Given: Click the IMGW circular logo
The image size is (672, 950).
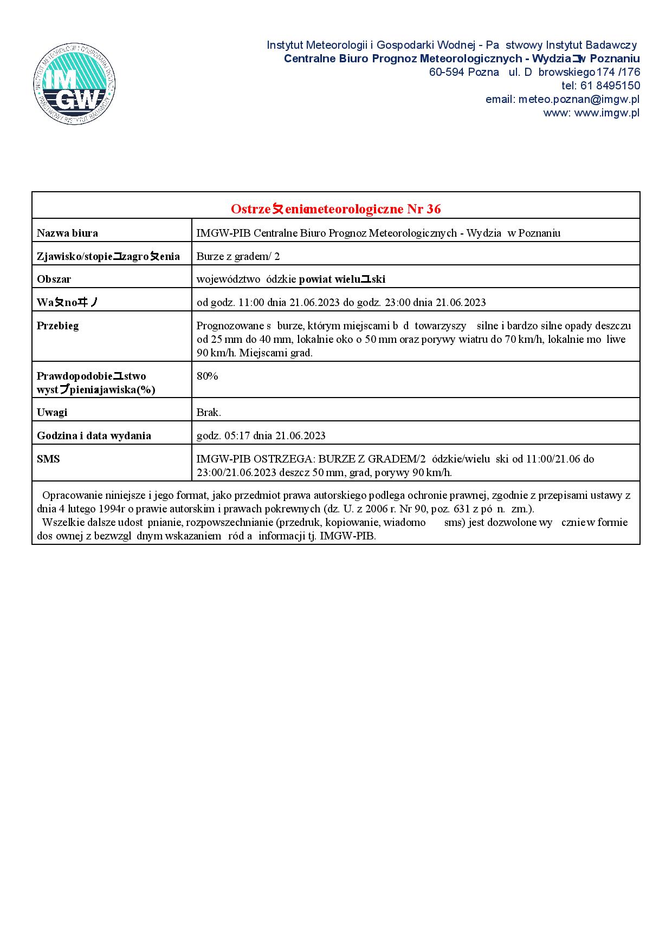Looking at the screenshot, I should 74,83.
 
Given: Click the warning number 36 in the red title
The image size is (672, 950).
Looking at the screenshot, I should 434,209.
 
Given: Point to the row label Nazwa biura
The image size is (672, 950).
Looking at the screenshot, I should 67,233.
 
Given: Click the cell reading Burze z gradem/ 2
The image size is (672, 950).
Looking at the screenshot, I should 238,257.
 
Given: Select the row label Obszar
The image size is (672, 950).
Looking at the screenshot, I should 54,279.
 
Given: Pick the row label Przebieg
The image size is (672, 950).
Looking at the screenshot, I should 57,326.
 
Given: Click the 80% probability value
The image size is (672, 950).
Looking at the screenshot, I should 207,376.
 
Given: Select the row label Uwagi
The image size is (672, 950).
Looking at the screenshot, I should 52,412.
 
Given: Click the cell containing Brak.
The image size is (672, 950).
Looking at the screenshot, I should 209,412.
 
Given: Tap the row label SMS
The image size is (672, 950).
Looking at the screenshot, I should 48,459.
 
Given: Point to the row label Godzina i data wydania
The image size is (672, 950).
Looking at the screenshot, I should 94,435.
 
